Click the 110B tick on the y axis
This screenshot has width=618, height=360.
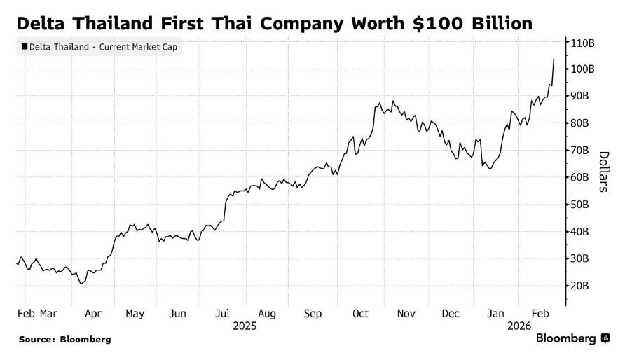pos(584,42)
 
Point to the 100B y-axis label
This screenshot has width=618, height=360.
pos(584,69)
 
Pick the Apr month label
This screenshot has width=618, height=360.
pos(92,314)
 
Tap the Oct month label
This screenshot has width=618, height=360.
pos(360,314)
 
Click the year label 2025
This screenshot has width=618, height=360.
pos(245,326)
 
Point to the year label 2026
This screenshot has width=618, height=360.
pos(520,326)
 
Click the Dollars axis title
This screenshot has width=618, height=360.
pos(603,172)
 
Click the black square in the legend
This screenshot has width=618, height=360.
pos(25,47)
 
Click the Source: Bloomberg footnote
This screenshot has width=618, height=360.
pos(64,340)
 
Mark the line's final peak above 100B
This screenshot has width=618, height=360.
pos(554,59)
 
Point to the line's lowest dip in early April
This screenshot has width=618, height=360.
pos(81,284)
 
